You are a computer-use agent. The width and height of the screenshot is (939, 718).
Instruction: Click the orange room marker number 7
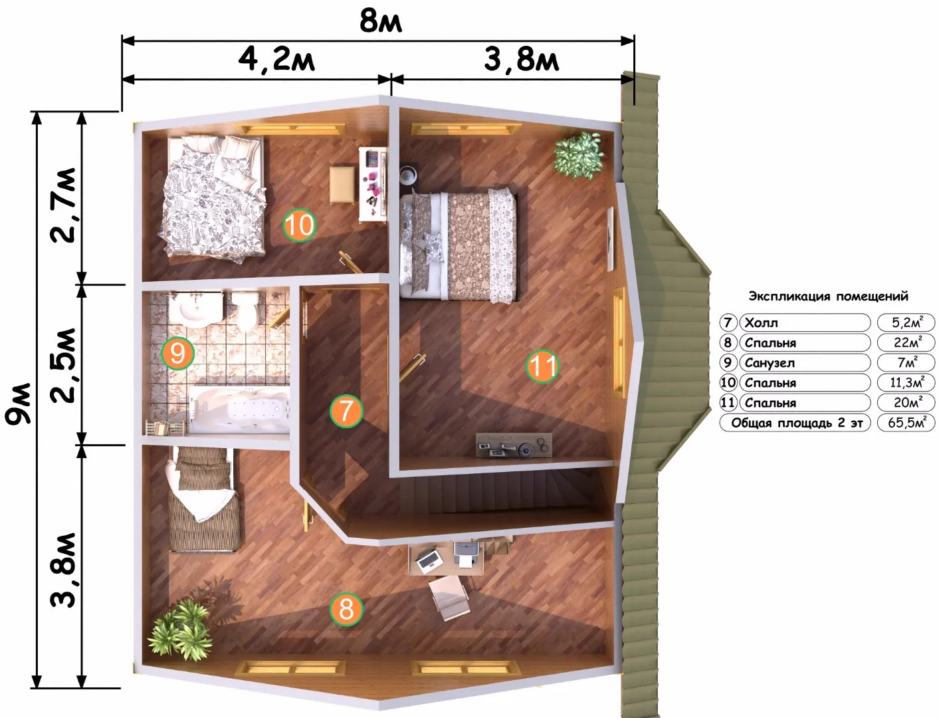tap(346, 412)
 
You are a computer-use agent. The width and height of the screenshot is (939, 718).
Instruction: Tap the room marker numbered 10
tap(299, 225)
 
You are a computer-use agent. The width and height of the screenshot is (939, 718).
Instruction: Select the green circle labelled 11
tap(542, 366)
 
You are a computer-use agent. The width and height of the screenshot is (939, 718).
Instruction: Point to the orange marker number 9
tap(177, 354)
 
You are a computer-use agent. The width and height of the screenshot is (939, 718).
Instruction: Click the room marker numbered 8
tap(346, 610)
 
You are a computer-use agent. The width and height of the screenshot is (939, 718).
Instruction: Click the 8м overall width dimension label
tap(380, 21)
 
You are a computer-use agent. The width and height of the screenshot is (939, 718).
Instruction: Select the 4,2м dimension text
tap(276, 60)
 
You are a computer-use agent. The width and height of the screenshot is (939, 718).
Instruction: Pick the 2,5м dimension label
tap(64, 366)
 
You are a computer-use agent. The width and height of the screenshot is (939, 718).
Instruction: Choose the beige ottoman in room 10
tap(342, 185)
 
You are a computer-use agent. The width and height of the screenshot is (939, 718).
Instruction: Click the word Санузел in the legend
tap(770, 363)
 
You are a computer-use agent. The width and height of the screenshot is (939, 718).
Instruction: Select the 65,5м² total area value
tap(906, 423)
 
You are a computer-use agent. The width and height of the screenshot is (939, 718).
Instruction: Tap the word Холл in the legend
tap(761, 322)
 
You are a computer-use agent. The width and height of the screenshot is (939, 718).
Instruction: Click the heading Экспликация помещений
tap(829, 296)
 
